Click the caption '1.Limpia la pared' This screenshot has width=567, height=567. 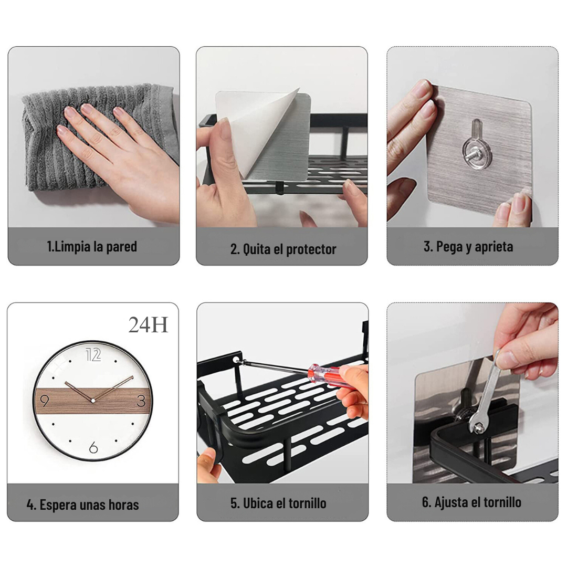[92, 247]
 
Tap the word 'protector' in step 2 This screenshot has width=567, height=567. [311, 249]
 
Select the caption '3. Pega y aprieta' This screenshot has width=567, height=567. [468, 247]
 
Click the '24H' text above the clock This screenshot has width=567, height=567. [148, 325]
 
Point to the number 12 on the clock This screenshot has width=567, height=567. [93, 355]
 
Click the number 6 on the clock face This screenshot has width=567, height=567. [93, 447]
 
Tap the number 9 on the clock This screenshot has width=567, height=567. [45, 401]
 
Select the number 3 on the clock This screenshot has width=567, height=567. [141, 401]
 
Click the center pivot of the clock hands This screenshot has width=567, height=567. [93, 401]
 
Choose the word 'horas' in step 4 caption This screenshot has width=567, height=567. [124, 505]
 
